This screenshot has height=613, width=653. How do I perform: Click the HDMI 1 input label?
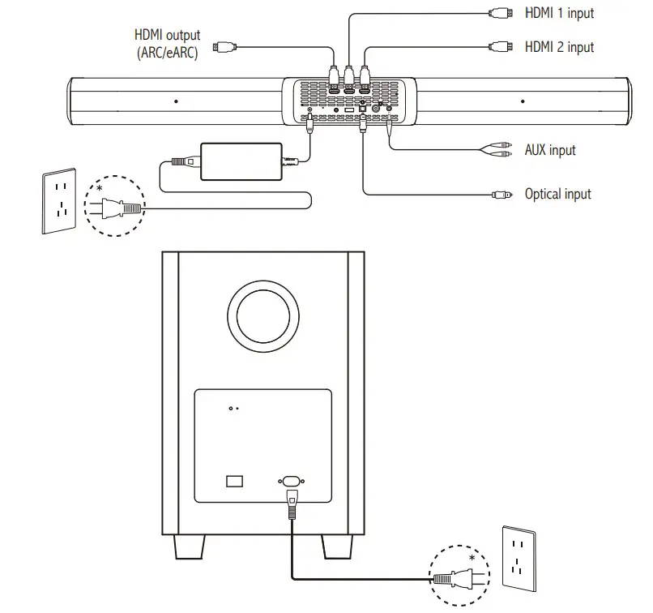(x=559, y=13)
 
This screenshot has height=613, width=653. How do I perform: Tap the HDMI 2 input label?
(x=559, y=47)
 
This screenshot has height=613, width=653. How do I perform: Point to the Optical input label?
(x=557, y=194)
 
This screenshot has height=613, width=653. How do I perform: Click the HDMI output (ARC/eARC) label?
(x=168, y=45)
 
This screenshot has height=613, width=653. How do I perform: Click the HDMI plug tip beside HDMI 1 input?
(x=498, y=13)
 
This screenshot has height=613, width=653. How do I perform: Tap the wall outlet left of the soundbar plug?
(x=58, y=200)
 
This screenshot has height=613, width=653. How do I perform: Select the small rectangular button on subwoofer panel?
(x=234, y=481)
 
